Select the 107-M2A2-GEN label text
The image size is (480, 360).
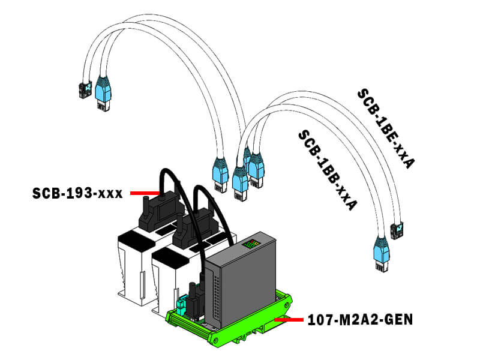[x=359, y=319]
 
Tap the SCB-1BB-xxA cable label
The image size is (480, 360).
[x=327, y=169]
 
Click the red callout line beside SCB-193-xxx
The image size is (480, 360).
[x=144, y=193]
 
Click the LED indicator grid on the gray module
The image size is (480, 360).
[x=251, y=245]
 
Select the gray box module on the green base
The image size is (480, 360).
[x=240, y=282]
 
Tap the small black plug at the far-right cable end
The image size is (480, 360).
[x=397, y=230]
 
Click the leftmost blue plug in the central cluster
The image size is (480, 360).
[x=220, y=170]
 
